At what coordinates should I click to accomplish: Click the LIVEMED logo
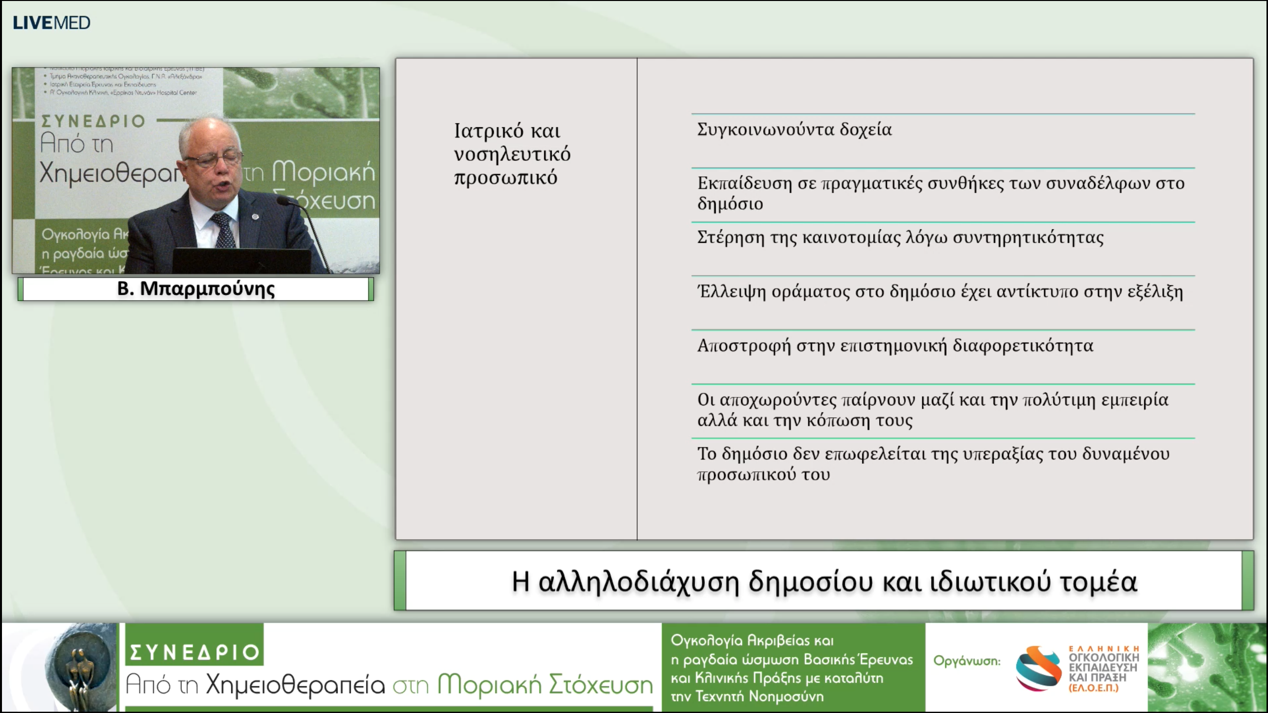52,23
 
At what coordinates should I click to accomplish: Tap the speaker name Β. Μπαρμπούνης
196,289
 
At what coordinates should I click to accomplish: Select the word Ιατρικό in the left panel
488,131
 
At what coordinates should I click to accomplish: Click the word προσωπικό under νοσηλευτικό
505,178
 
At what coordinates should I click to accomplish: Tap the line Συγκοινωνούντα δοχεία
794,130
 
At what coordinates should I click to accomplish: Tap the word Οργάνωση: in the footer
966,661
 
